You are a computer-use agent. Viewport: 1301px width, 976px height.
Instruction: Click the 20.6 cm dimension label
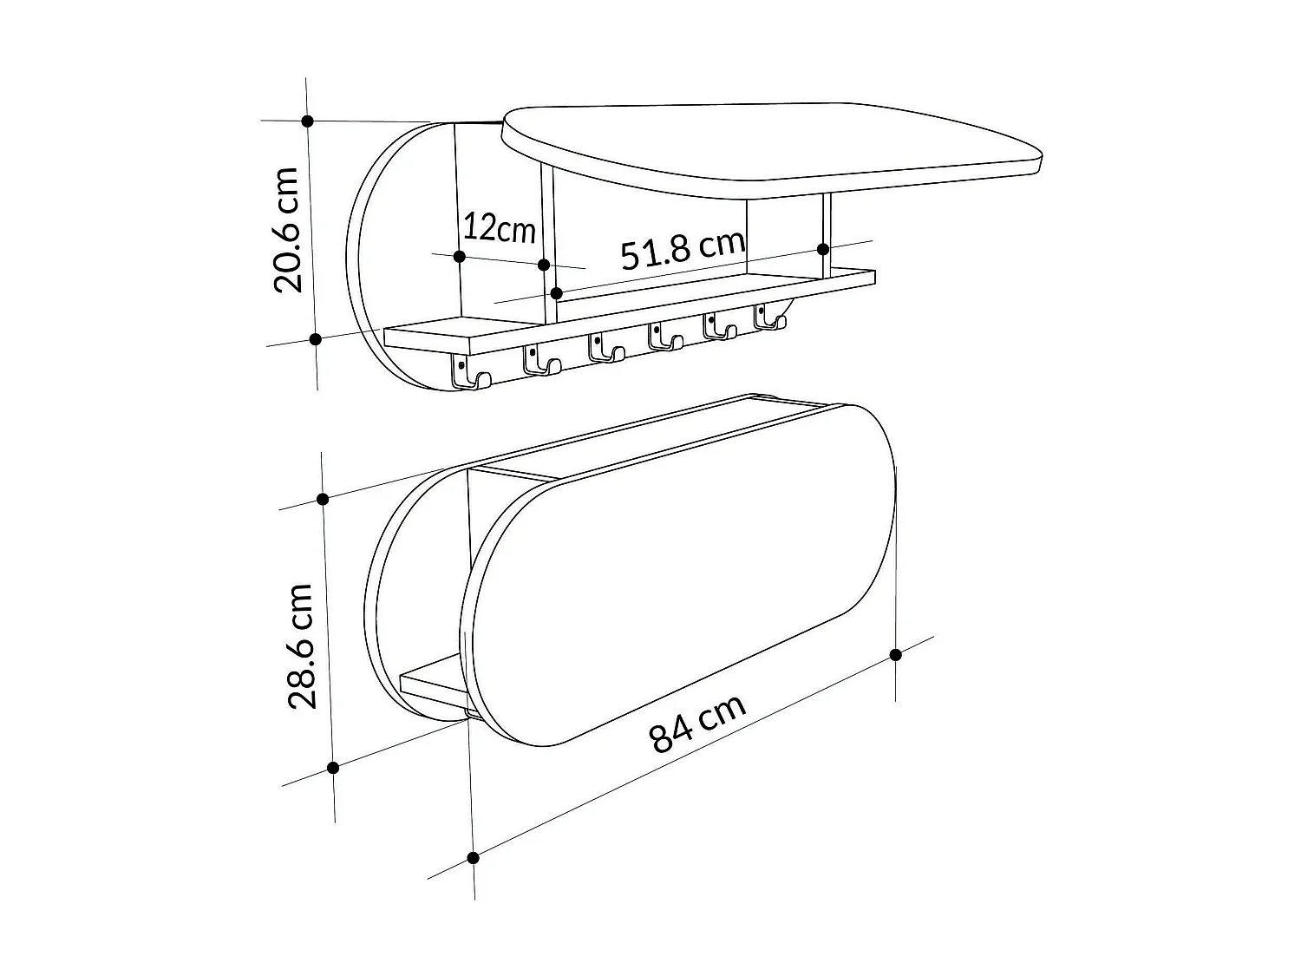point(287,230)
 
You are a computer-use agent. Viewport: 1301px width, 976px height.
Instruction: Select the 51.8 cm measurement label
point(683,251)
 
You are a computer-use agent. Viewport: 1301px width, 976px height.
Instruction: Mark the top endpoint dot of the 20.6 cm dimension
point(307,121)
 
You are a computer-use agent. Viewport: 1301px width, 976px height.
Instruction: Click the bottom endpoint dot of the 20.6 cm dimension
point(316,339)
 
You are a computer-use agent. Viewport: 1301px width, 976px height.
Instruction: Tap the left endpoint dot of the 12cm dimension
point(460,256)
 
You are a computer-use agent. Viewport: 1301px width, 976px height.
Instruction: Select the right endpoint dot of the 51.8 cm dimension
point(823,249)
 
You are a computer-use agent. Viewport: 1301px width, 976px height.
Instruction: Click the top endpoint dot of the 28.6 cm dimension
point(323,499)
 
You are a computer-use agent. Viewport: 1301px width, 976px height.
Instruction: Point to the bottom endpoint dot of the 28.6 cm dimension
point(332,768)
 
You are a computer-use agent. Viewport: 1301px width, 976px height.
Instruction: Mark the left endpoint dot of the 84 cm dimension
point(473,858)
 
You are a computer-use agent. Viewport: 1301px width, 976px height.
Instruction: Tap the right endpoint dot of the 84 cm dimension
point(896,654)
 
